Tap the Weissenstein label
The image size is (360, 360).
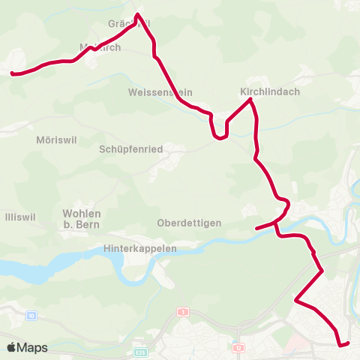click(x=159, y=91)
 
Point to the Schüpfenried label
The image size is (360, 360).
click(x=131, y=149)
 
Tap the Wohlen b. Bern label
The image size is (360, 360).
click(x=82, y=218)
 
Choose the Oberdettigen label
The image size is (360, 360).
click(x=189, y=223)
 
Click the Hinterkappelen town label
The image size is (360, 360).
click(x=142, y=248)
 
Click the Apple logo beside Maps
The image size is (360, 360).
click(x=12, y=348)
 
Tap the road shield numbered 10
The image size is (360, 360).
click(x=30, y=315)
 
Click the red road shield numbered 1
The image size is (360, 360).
click(x=182, y=311)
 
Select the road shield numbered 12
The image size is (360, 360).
click(x=238, y=348)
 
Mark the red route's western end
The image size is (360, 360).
click(x=12, y=73)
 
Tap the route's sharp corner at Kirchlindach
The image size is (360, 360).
click(x=250, y=100)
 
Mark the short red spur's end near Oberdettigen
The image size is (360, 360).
click(x=256, y=228)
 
